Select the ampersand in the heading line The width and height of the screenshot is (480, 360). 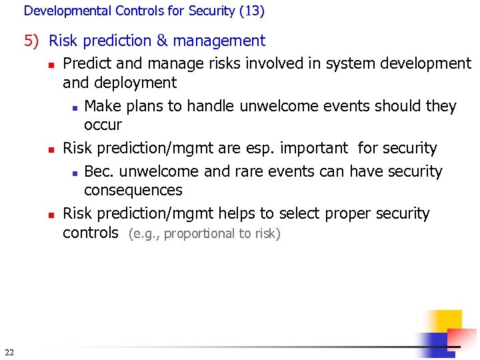[162, 41]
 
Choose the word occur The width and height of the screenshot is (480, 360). [103, 125]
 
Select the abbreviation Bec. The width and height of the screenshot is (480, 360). [99, 171]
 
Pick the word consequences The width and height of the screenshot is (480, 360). [133, 190]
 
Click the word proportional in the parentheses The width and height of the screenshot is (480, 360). [199, 234]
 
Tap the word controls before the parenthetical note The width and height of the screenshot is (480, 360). [90, 233]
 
